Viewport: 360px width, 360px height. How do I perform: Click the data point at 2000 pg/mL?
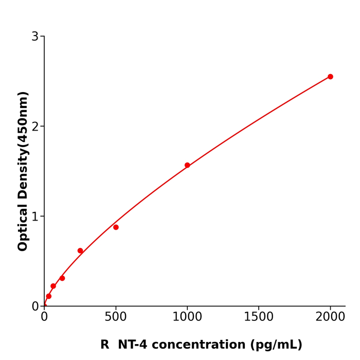click(330, 77)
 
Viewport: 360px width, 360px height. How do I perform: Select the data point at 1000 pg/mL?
click(187, 165)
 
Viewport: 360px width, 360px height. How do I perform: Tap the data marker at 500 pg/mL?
click(116, 227)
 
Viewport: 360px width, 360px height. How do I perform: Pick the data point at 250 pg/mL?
click(80, 251)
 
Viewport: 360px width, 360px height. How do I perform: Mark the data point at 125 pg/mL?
click(62, 278)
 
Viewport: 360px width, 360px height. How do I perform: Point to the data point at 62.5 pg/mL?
click(53, 286)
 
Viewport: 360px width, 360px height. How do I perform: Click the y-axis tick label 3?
click(35, 37)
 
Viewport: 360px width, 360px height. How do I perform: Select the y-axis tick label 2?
click(35, 127)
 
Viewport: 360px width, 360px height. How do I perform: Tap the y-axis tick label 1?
click(35, 217)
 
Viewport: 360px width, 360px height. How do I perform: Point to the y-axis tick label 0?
click(35, 307)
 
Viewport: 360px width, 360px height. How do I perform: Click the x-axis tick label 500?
click(116, 317)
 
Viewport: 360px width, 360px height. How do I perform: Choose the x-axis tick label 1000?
click(187, 317)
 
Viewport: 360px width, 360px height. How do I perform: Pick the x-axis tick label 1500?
click(259, 317)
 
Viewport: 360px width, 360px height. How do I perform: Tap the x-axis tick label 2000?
click(330, 317)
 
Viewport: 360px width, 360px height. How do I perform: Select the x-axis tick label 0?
click(44, 317)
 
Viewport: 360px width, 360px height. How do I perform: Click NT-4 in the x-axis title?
click(134, 345)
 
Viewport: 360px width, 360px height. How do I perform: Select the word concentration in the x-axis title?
click(201, 345)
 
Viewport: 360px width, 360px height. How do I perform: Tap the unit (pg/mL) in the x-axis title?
click(277, 345)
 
